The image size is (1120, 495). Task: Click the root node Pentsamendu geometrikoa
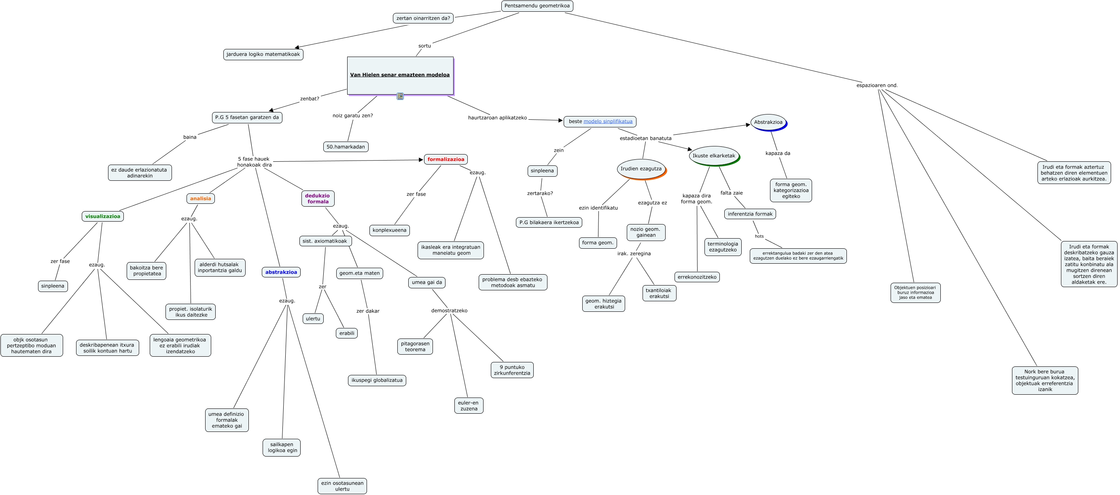(x=537, y=6)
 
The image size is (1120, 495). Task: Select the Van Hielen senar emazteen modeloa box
(x=400, y=75)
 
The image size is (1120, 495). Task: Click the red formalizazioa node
(x=445, y=159)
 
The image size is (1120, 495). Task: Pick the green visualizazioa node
(x=103, y=216)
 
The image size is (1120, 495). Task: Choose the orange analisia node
(x=200, y=199)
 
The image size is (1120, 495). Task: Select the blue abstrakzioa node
(x=281, y=272)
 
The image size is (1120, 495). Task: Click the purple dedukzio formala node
(x=318, y=199)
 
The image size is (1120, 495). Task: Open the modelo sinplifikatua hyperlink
(x=608, y=121)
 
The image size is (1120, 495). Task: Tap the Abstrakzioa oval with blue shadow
(x=768, y=122)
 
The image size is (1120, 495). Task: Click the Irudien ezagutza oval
(x=641, y=169)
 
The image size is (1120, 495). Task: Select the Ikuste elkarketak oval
(x=713, y=156)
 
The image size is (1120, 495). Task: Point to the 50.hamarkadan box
(x=346, y=147)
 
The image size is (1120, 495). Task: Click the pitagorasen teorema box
(x=415, y=346)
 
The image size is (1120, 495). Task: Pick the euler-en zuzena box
(x=469, y=406)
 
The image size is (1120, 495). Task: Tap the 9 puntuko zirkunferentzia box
(x=512, y=370)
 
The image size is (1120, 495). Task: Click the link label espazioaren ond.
(x=876, y=85)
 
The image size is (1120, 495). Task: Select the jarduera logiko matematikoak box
(x=263, y=54)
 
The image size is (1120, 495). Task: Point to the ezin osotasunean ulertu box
(x=342, y=486)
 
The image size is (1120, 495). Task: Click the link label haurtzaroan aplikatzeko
(x=497, y=118)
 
